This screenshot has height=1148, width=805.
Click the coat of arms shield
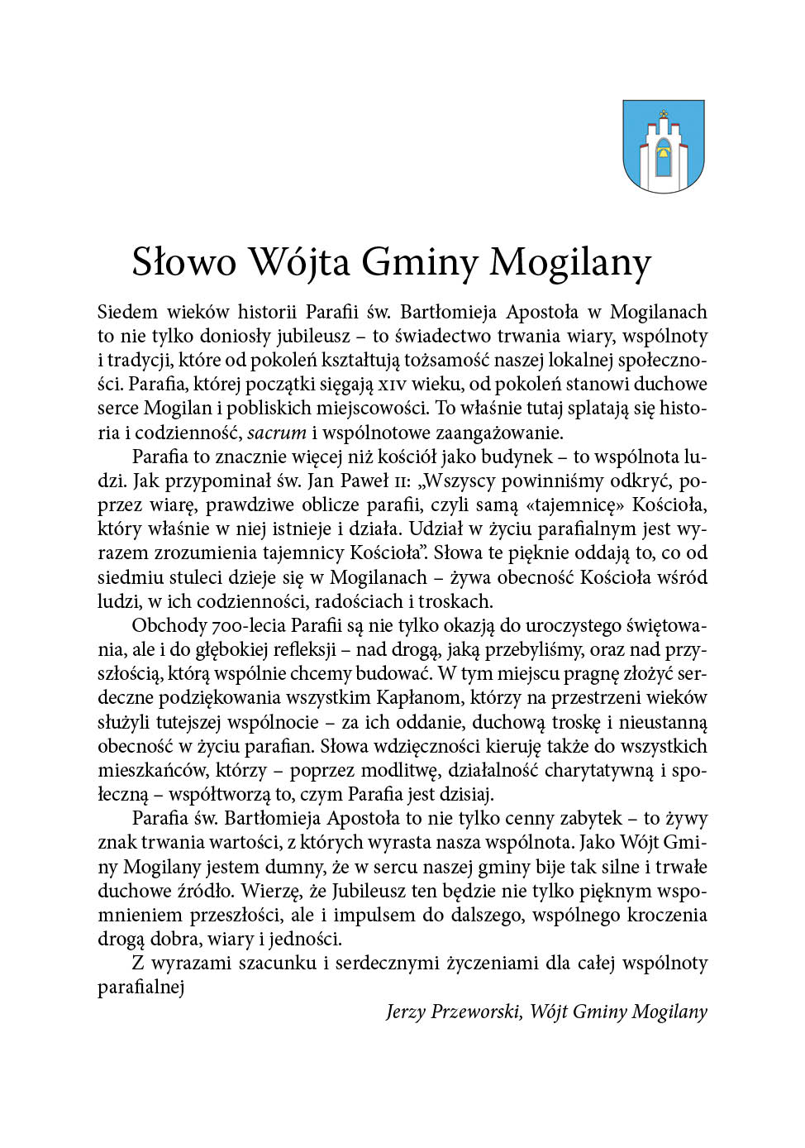click(663, 146)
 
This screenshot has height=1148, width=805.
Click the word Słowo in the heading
click(184, 262)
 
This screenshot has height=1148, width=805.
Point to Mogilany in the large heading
click(569, 262)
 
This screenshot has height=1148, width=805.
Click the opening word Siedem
click(127, 312)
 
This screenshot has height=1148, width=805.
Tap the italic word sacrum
click(277, 433)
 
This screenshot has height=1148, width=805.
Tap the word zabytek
click(588, 818)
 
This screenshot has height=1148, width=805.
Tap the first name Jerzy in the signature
click(404, 1012)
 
